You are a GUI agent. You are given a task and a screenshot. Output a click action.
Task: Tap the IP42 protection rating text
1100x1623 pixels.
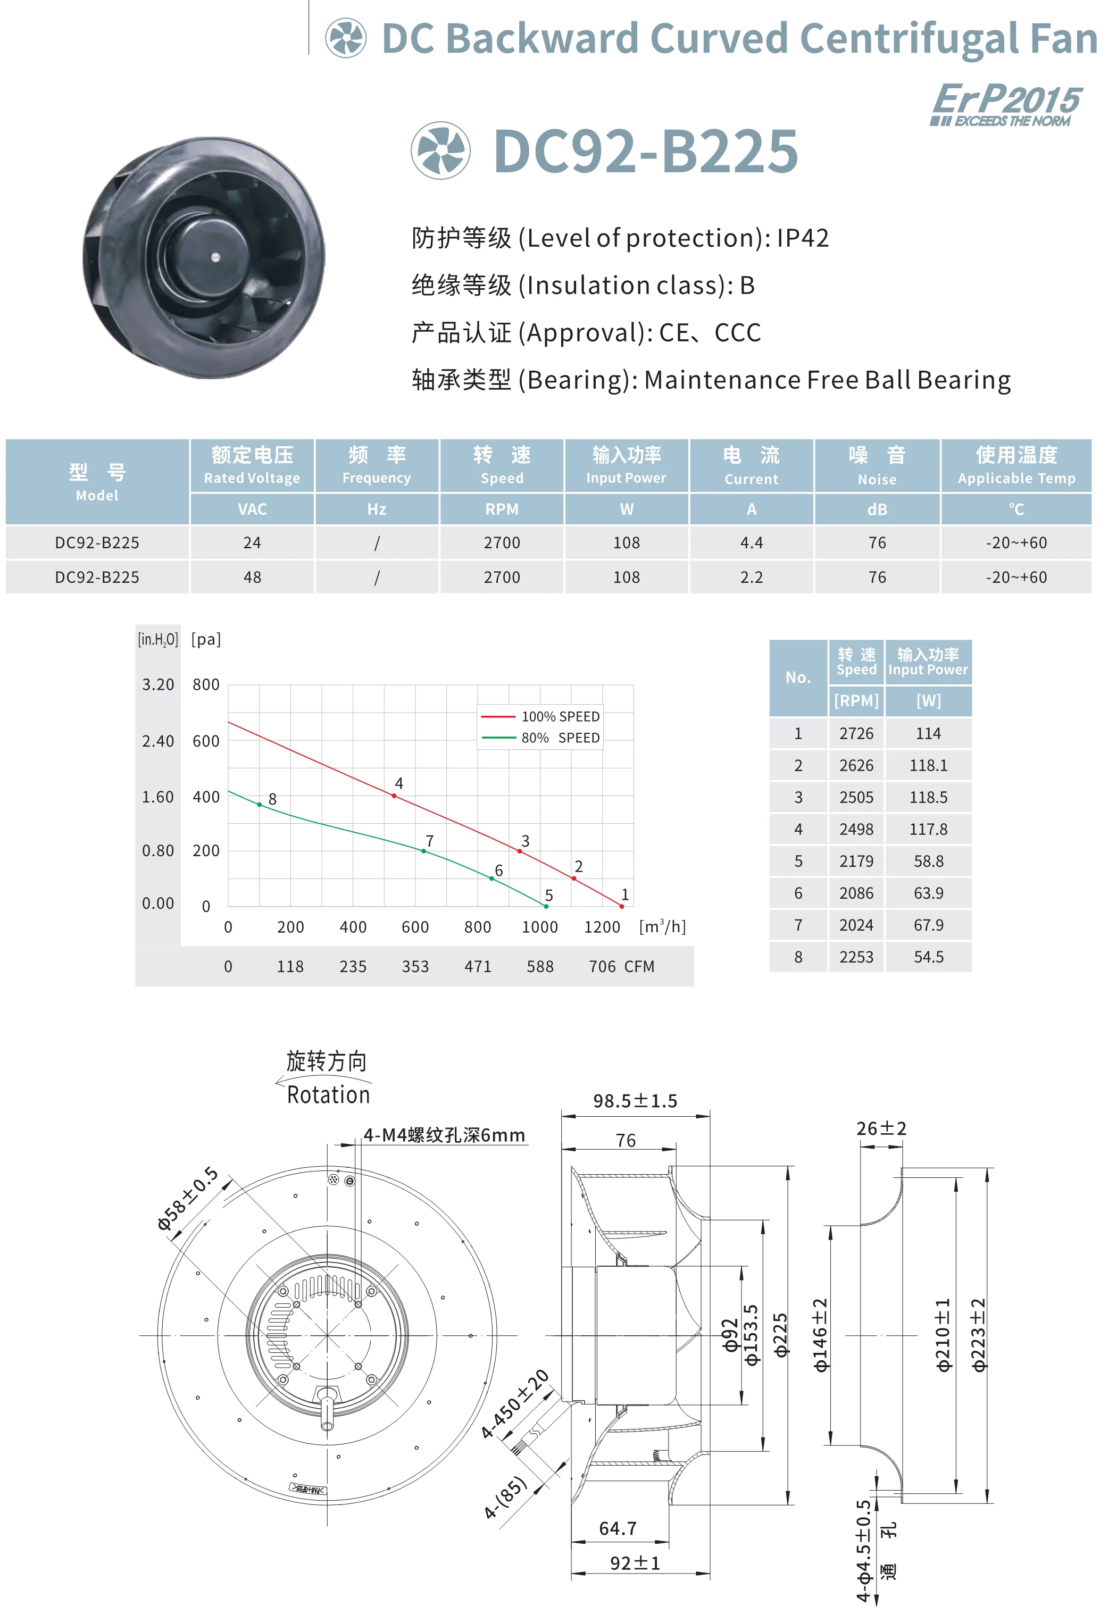803,238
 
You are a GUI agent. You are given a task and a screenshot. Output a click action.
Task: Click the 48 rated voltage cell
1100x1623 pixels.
252,578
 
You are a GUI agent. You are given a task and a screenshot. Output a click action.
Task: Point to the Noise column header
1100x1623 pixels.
877,466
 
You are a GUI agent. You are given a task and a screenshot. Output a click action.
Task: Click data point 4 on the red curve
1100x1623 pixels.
394,796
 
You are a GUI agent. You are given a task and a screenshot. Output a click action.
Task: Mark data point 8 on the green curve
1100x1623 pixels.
260,805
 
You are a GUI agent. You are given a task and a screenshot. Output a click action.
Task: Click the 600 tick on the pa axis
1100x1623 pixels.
206,741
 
